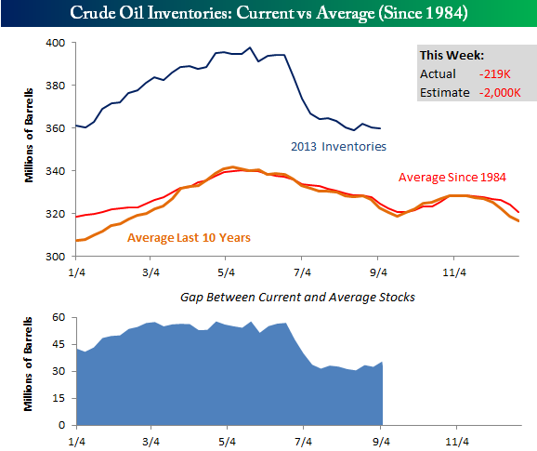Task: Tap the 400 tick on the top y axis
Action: click(x=55, y=43)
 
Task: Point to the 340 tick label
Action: click(x=55, y=171)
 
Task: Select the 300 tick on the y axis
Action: click(x=55, y=257)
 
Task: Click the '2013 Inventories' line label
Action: click(x=338, y=147)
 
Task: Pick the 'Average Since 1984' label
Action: click(x=452, y=178)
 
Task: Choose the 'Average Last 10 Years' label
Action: click(x=189, y=237)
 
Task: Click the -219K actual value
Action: click(x=495, y=74)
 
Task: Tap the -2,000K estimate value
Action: click(x=500, y=93)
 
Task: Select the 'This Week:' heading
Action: click(x=452, y=56)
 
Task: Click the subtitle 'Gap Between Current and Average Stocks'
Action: click(x=297, y=298)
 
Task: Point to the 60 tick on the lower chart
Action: click(x=59, y=317)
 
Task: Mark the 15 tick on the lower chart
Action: click(x=59, y=398)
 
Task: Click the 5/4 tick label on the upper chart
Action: click(x=227, y=272)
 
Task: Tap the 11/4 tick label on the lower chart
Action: click(x=456, y=442)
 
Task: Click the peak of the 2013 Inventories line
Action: click(x=250, y=47)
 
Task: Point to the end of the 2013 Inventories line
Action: click(x=381, y=128)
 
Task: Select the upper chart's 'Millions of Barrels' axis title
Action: click(x=29, y=136)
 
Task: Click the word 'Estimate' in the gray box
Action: click(x=444, y=93)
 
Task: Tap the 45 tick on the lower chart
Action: click(x=59, y=344)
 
